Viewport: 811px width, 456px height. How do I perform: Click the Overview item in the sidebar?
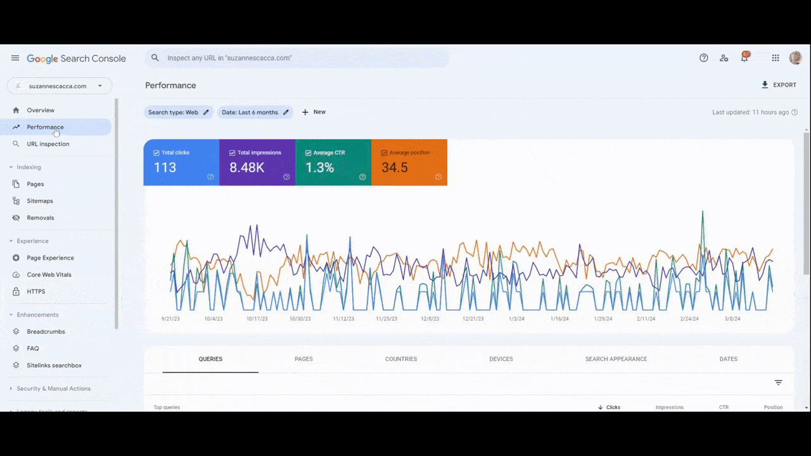click(x=41, y=110)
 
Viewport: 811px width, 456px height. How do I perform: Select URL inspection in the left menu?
click(x=48, y=144)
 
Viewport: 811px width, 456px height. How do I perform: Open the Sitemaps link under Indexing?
click(x=39, y=201)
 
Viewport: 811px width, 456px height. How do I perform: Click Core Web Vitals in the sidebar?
click(x=49, y=275)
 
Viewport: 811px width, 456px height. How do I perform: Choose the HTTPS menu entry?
click(x=35, y=291)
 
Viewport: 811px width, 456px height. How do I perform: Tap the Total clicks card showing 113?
click(x=181, y=163)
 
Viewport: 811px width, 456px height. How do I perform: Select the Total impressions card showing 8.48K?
click(x=257, y=163)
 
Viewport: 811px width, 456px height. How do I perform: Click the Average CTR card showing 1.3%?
click(x=333, y=163)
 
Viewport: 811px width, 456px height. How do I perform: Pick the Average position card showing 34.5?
click(x=409, y=163)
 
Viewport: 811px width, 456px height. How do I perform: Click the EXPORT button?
click(x=779, y=85)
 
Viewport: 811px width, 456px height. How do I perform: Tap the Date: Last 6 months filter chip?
click(x=255, y=112)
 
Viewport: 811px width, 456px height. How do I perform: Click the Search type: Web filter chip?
click(x=178, y=112)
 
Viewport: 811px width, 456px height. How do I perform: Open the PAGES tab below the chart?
click(x=303, y=359)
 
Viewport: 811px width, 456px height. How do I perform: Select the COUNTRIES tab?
click(x=401, y=359)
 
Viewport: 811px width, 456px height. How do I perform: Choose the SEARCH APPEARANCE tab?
click(x=616, y=359)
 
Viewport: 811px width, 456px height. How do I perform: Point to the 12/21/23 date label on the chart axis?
click(x=473, y=319)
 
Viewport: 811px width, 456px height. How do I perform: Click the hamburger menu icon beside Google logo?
click(x=15, y=58)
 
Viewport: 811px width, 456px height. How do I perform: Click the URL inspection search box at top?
click(x=298, y=58)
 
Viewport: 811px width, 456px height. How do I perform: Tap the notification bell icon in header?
click(x=744, y=58)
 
